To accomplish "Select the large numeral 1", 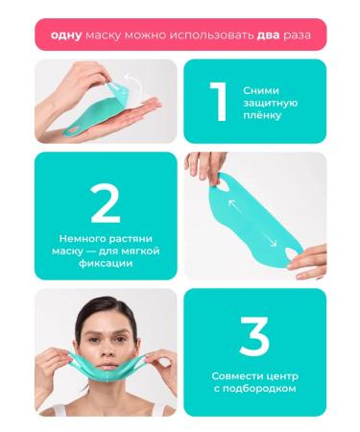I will pyautogui.click(x=219, y=102).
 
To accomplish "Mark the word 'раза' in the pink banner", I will pyautogui.click(x=306, y=35).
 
